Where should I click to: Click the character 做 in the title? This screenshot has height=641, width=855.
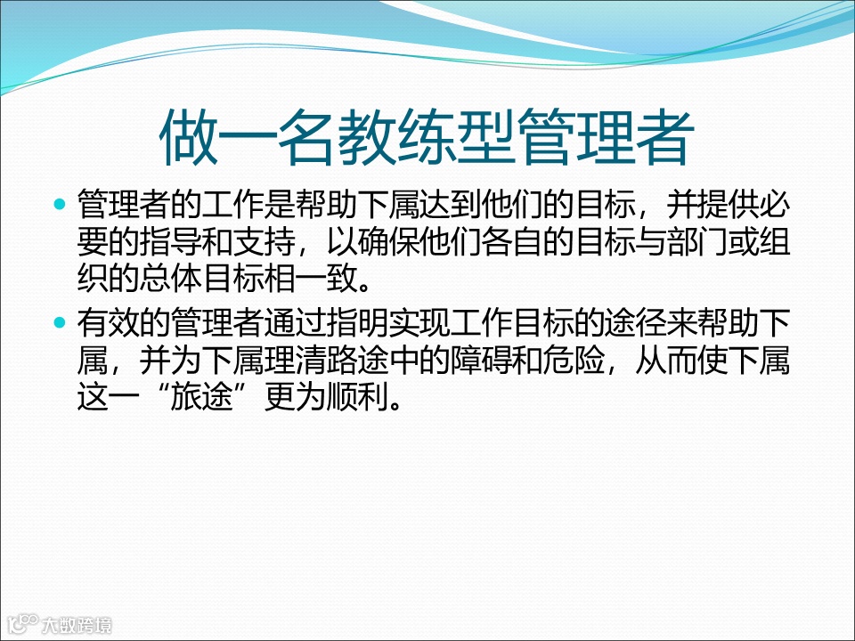188,137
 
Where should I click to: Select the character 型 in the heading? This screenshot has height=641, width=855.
485,137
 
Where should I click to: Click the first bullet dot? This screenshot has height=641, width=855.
61,205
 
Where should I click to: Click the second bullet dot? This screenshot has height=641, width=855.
61,320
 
